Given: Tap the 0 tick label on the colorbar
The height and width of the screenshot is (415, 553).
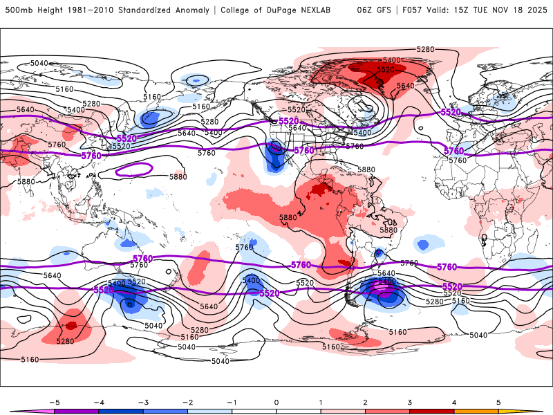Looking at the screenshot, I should tap(276, 402).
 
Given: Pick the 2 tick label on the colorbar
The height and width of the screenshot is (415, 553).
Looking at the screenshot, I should tap(365, 402).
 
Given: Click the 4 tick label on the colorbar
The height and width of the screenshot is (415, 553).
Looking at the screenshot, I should tap(453, 402).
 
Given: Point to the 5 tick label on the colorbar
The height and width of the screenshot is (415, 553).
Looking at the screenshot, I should tap(498, 402).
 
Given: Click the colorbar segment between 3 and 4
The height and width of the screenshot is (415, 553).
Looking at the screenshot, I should tap(431, 411).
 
